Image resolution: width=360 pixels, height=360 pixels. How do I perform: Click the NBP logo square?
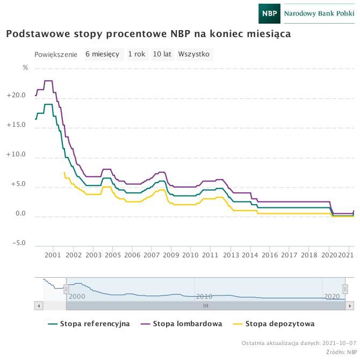(269, 13)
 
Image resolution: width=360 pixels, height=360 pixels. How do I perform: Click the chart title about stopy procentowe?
(148, 34)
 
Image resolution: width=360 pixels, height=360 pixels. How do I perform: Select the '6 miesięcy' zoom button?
(102, 54)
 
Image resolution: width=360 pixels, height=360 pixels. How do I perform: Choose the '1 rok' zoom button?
(136, 54)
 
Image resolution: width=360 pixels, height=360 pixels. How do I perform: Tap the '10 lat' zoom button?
(162, 54)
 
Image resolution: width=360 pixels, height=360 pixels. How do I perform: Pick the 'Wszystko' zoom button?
(193, 54)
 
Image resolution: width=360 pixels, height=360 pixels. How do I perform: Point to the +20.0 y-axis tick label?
(16, 96)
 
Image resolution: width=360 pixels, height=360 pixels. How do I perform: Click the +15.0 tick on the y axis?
(16, 125)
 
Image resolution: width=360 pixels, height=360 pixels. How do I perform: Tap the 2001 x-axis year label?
(53, 255)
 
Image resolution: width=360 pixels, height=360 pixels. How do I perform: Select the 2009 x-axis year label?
(171, 255)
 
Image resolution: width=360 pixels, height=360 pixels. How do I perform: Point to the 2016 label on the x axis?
(270, 255)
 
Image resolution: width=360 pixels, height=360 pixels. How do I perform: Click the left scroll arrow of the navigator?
(39, 305)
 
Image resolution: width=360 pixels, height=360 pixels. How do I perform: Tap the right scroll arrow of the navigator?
(349, 305)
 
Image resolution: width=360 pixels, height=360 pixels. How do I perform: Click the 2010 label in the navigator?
(204, 297)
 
